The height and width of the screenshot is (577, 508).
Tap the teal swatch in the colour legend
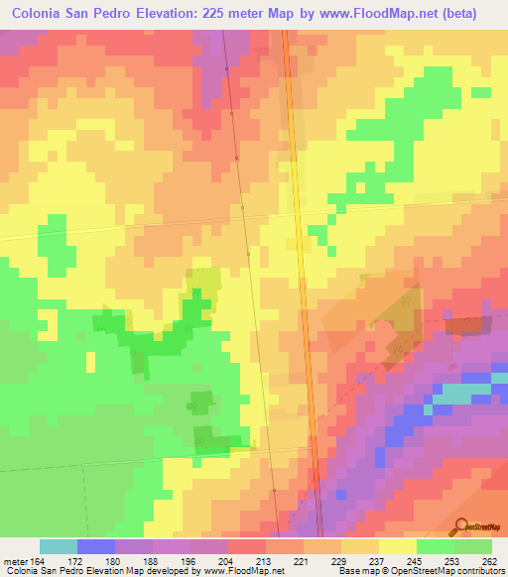coord(58,546)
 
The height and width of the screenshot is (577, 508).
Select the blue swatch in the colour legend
coord(95,546)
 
